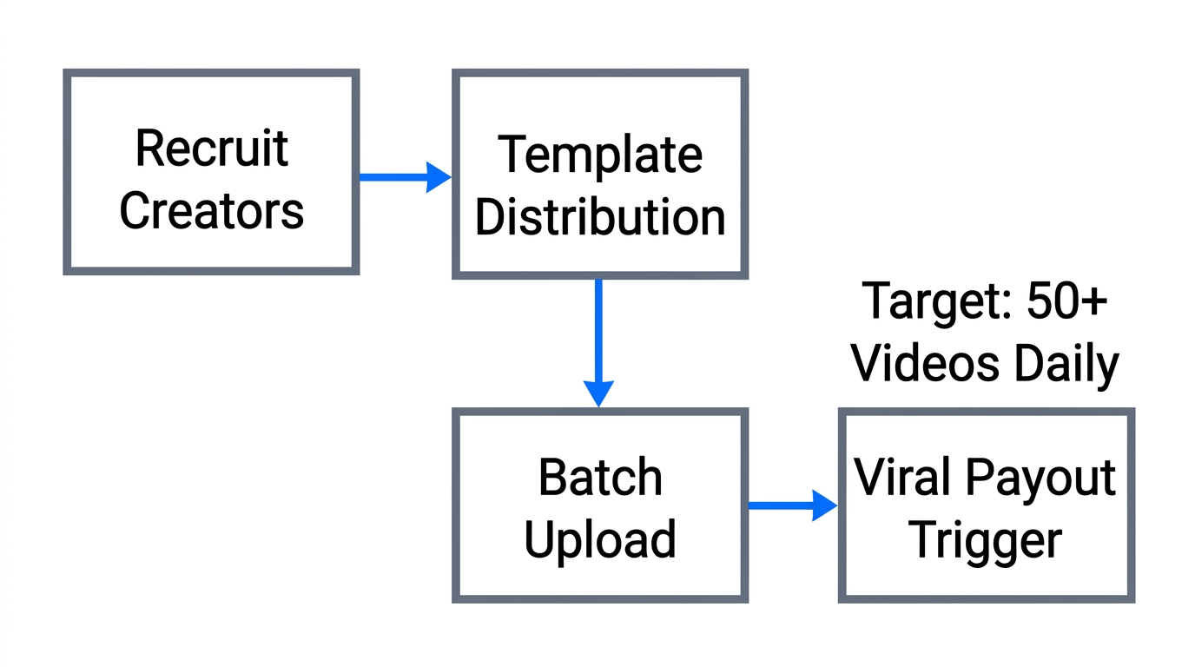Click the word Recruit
[211, 148]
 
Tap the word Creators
[211, 210]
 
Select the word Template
[599, 155]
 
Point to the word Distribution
[599, 217]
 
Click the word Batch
[599, 478]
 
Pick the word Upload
[599, 539]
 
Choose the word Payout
[1040, 478]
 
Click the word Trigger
[985, 539]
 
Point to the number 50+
[1067, 301]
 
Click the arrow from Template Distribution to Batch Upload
[598, 339]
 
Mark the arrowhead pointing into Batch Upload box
[598, 393]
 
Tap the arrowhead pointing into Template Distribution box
[439, 177]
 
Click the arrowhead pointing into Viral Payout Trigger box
[824, 505]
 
